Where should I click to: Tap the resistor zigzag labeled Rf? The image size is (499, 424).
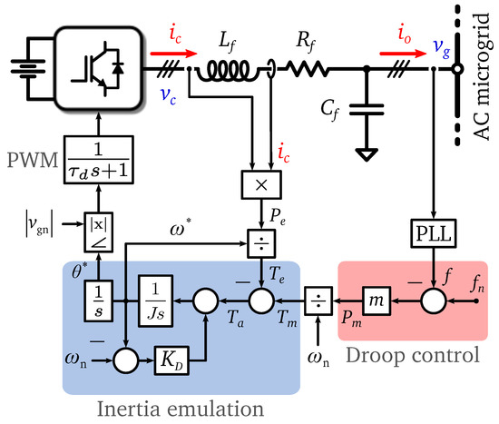308,67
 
